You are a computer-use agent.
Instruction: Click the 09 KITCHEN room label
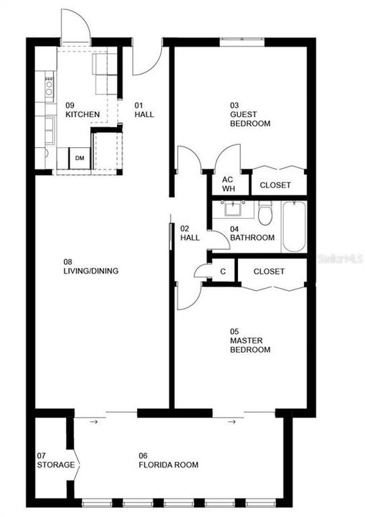[x=82, y=110]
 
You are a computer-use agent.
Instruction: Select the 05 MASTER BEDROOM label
[x=250, y=340]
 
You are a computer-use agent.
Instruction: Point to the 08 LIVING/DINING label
[x=90, y=266]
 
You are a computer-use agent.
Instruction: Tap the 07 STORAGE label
[x=55, y=460]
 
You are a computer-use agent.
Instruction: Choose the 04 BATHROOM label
[x=252, y=233]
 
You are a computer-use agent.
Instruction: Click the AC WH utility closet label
[x=228, y=184]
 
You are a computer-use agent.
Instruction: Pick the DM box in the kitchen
[x=80, y=158]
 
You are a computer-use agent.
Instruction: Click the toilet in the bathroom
[x=265, y=213]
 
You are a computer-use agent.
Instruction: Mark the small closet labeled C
[x=223, y=271]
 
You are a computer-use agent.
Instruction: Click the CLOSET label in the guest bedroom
[x=275, y=185]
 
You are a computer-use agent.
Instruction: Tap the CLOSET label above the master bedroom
[x=269, y=271]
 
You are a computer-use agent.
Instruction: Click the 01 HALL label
[x=144, y=110]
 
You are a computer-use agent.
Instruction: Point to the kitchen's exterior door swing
[x=74, y=27]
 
